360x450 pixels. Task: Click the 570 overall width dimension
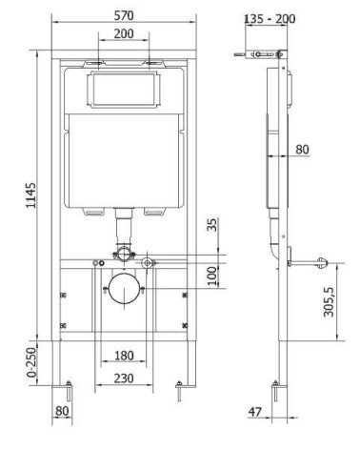point(124,15)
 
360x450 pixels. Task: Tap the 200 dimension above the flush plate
point(124,33)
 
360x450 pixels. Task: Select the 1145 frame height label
point(31,195)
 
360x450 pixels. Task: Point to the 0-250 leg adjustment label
point(31,362)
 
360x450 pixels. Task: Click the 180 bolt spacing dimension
point(124,356)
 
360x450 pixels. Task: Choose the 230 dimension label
point(124,378)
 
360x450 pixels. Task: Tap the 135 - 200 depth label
point(270,19)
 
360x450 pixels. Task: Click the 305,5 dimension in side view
point(329,302)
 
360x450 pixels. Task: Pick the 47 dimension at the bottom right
point(255,412)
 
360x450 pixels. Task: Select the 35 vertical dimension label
point(213,225)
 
